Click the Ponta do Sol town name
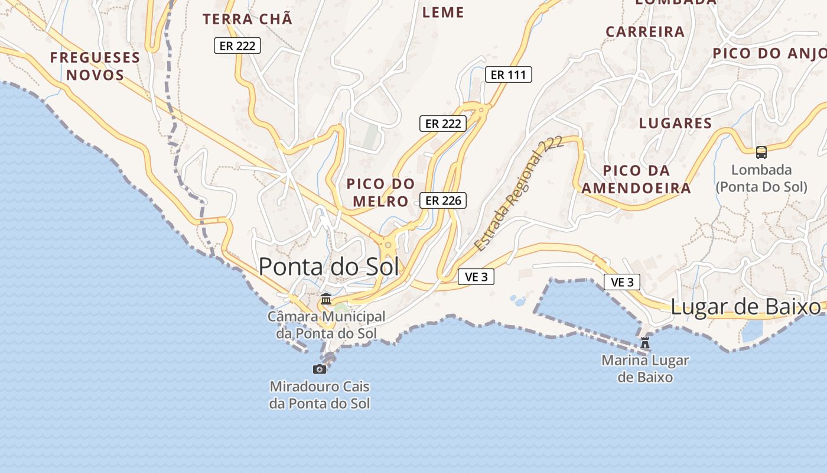pyautogui.click(x=328, y=267)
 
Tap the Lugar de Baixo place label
pyautogui.click(x=745, y=307)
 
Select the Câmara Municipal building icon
pyautogui.click(x=325, y=299)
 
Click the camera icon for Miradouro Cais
pyautogui.click(x=320, y=369)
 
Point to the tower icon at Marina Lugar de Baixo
pyautogui.click(x=645, y=342)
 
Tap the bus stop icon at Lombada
pyautogui.click(x=761, y=153)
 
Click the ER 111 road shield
pyautogui.click(x=509, y=74)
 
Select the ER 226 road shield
pyautogui.click(x=443, y=200)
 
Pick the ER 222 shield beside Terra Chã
pyautogui.click(x=237, y=46)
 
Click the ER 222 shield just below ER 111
pyautogui.click(x=443, y=124)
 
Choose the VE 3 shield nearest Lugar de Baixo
pyautogui.click(x=622, y=282)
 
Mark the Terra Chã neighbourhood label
pyautogui.click(x=248, y=19)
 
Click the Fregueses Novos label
pyautogui.click(x=95, y=66)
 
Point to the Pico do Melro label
pyautogui.click(x=380, y=192)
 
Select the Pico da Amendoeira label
pyautogui.click(x=636, y=180)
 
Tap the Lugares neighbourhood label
pyautogui.click(x=675, y=123)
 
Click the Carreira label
pyautogui.click(x=645, y=31)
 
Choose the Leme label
pyautogui.click(x=443, y=12)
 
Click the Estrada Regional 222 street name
pyautogui.click(x=519, y=195)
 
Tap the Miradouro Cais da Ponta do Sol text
pyautogui.click(x=320, y=396)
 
